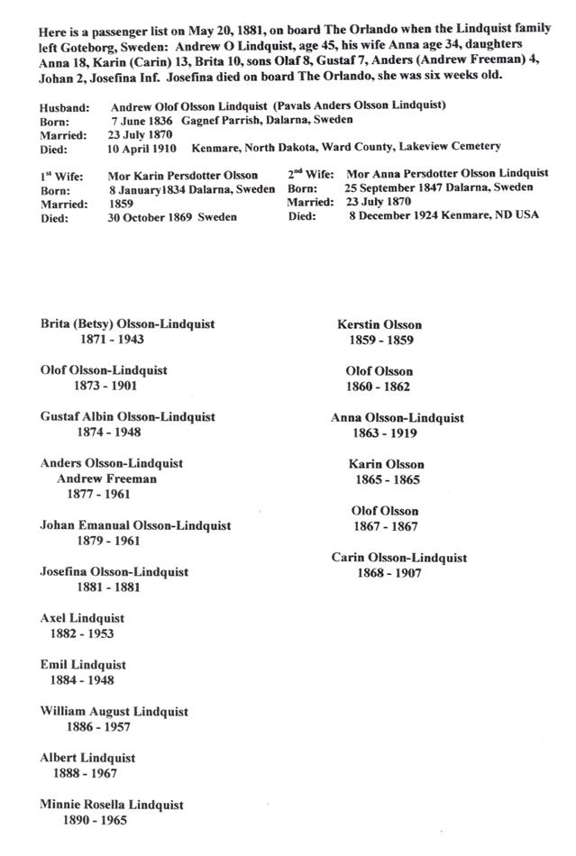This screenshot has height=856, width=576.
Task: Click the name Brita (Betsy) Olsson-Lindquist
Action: tap(127, 324)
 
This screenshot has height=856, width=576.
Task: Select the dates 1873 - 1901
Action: tap(105, 386)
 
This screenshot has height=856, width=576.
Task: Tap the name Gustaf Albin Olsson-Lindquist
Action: tap(127, 417)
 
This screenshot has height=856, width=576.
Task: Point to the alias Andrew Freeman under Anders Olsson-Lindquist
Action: tap(106, 478)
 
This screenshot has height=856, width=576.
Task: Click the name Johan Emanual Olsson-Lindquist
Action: tap(135, 525)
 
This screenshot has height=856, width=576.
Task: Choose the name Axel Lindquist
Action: tap(82, 619)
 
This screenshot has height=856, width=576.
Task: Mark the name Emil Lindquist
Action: tap(83, 665)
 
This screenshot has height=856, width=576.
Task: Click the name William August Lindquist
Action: tap(114, 712)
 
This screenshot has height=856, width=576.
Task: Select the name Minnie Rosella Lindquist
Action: tap(112, 805)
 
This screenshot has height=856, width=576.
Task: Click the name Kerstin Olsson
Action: tap(379, 324)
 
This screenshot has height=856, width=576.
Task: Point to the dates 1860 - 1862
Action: tap(379, 387)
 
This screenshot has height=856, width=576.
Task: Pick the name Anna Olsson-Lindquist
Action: tap(398, 418)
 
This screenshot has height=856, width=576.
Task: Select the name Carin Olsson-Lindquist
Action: tap(399, 558)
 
